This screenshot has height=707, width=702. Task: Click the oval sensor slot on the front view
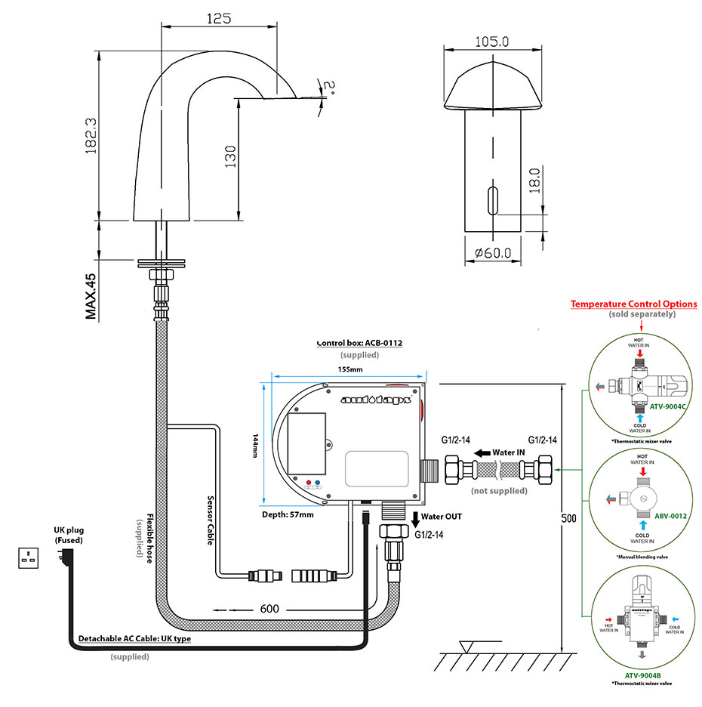coord(493,201)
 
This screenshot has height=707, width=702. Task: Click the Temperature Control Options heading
coord(633,304)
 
